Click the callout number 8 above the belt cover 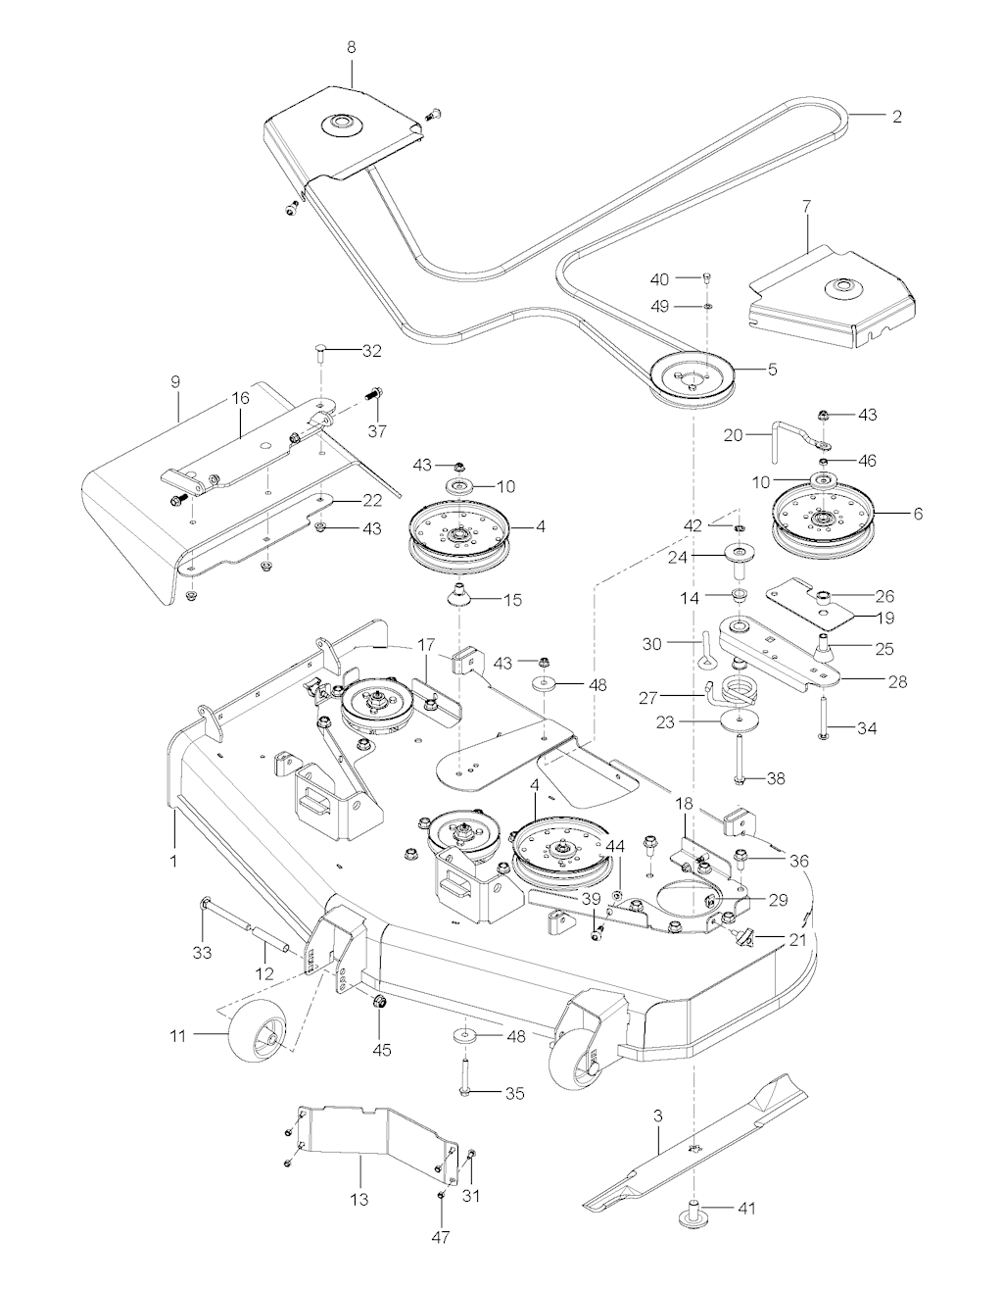click(352, 48)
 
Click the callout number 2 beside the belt click(897, 117)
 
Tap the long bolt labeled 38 click(740, 761)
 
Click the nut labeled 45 click(377, 1002)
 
